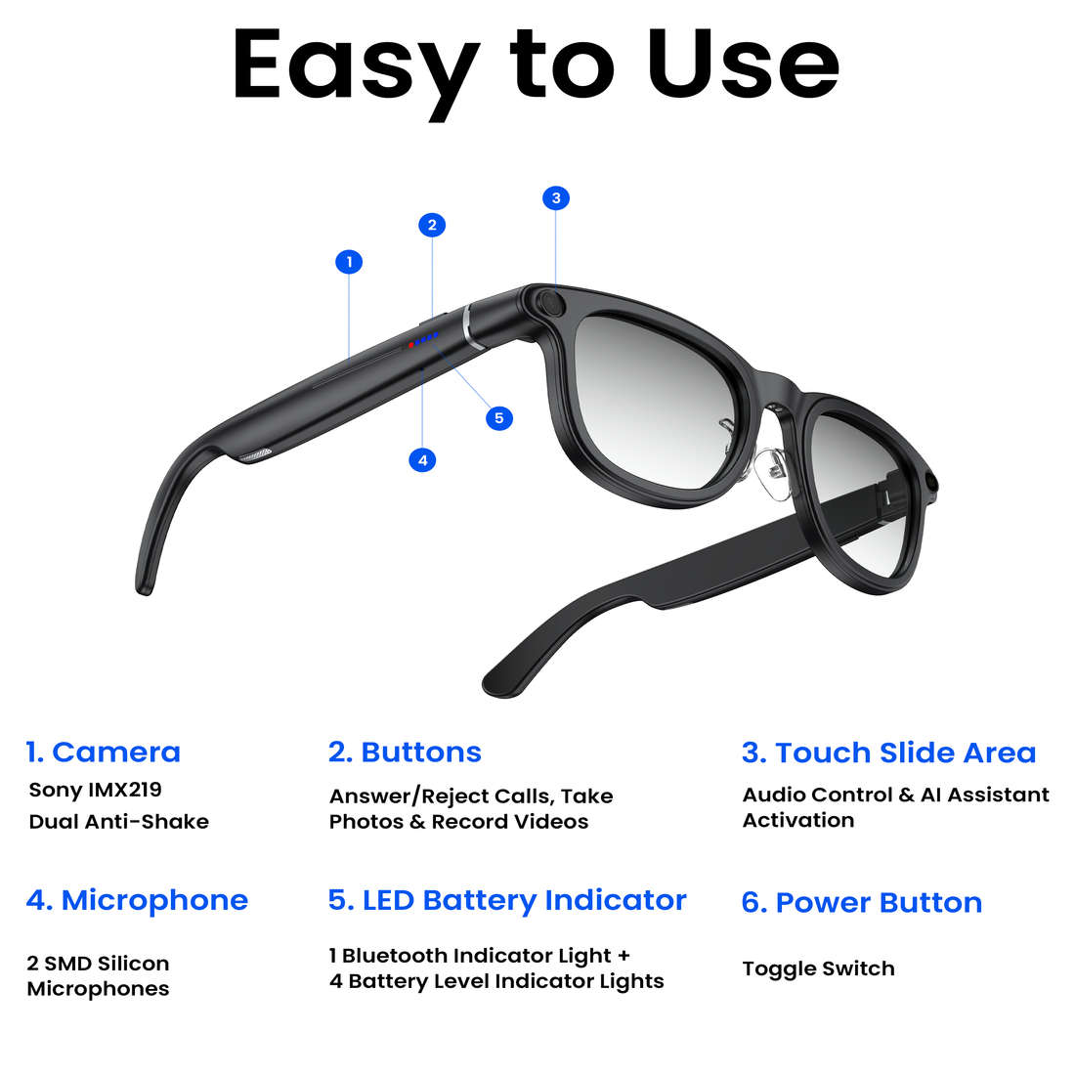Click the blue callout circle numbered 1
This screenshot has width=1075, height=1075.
point(349,262)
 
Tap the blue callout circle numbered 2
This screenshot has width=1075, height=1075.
point(432,225)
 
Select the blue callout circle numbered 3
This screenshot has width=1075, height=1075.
point(556,198)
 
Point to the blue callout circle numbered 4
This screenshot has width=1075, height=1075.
point(422,459)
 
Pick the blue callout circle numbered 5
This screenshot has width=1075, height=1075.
point(498,418)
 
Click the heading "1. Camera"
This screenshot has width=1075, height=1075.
point(103,752)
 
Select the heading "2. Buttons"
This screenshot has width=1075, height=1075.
point(405,752)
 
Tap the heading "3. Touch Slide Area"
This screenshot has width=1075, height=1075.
point(888,753)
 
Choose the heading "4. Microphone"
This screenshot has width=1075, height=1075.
point(137,900)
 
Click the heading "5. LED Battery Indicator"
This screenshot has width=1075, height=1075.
point(507,900)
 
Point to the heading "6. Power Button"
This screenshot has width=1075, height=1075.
point(862,903)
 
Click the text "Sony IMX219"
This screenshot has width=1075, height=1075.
point(96,790)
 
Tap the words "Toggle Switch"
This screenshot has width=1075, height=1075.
point(818,968)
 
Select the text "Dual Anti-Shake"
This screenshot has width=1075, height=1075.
point(118,822)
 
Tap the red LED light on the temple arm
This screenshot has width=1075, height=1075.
point(411,344)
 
